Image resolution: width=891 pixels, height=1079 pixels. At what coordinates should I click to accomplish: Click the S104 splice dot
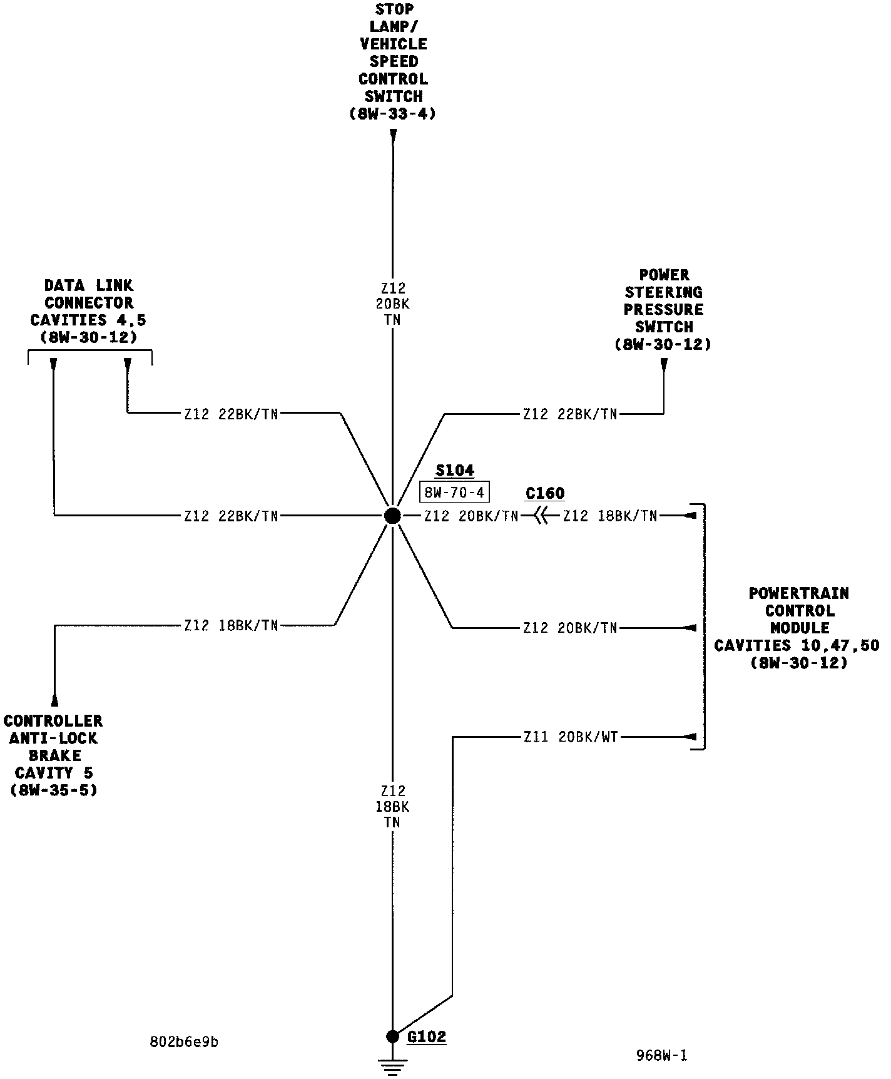click(392, 516)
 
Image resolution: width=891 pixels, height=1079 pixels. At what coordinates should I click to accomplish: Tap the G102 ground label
click(427, 1036)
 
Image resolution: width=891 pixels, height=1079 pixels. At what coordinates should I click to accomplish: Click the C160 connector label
click(545, 493)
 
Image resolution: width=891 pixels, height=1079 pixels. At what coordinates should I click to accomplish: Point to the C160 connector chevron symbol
click(541, 516)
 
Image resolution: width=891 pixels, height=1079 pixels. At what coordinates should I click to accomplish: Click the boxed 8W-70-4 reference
click(454, 493)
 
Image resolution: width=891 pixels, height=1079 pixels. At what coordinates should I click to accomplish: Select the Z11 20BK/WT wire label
click(571, 737)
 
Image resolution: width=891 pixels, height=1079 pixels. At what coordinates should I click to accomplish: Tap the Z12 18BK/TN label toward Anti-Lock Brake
click(231, 625)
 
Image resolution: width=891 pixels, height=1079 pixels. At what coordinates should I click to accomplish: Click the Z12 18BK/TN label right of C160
click(610, 516)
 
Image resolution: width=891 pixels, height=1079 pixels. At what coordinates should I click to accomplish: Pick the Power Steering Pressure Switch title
click(663, 309)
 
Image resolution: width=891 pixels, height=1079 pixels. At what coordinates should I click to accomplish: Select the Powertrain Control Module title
click(798, 627)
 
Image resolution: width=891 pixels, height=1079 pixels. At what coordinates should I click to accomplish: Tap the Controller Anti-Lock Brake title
click(54, 755)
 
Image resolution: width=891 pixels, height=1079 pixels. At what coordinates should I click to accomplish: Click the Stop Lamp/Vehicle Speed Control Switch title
click(393, 61)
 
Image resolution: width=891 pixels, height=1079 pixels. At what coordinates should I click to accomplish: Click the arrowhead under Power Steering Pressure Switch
click(664, 364)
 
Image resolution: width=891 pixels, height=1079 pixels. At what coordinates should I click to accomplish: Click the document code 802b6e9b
click(184, 1041)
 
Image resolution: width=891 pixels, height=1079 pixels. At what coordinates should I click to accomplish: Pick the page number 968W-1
click(662, 1056)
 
